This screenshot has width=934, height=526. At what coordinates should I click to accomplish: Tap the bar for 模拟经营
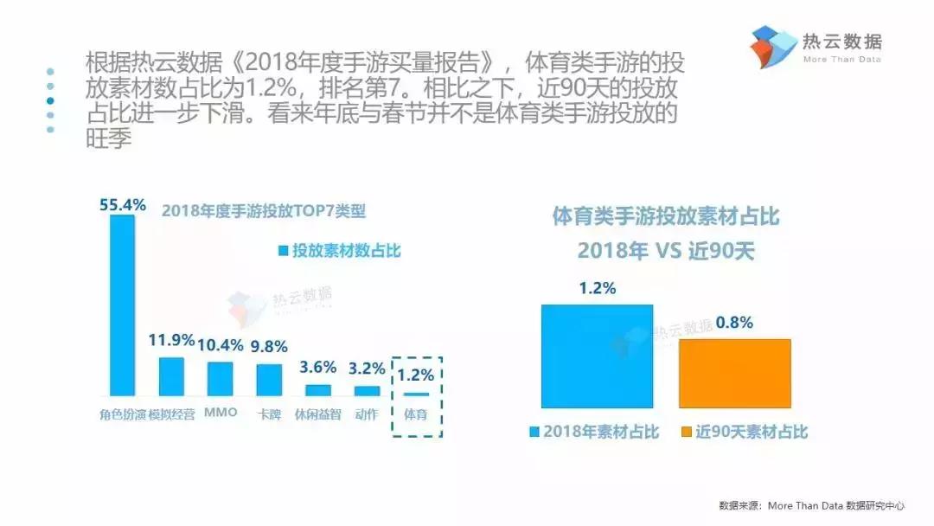coord(171,376)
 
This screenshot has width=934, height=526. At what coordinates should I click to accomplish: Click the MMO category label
coord(221,413)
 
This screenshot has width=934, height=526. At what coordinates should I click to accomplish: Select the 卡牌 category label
coord(270,414)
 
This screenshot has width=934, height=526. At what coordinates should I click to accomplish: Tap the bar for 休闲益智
coord(318,389)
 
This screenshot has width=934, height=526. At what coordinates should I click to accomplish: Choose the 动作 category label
coord(367,414)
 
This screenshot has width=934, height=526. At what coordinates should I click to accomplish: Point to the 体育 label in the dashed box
coord(416,414)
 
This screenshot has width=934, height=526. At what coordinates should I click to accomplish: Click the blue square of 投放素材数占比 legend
coord(282,251)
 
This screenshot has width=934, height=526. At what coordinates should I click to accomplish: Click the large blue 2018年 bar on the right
coord(597,356)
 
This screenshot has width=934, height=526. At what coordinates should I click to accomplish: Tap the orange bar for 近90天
coord(734,373)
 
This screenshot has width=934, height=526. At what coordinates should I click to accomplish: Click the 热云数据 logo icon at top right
coord(773,47)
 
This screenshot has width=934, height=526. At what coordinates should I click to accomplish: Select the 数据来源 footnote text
coord(810,505)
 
